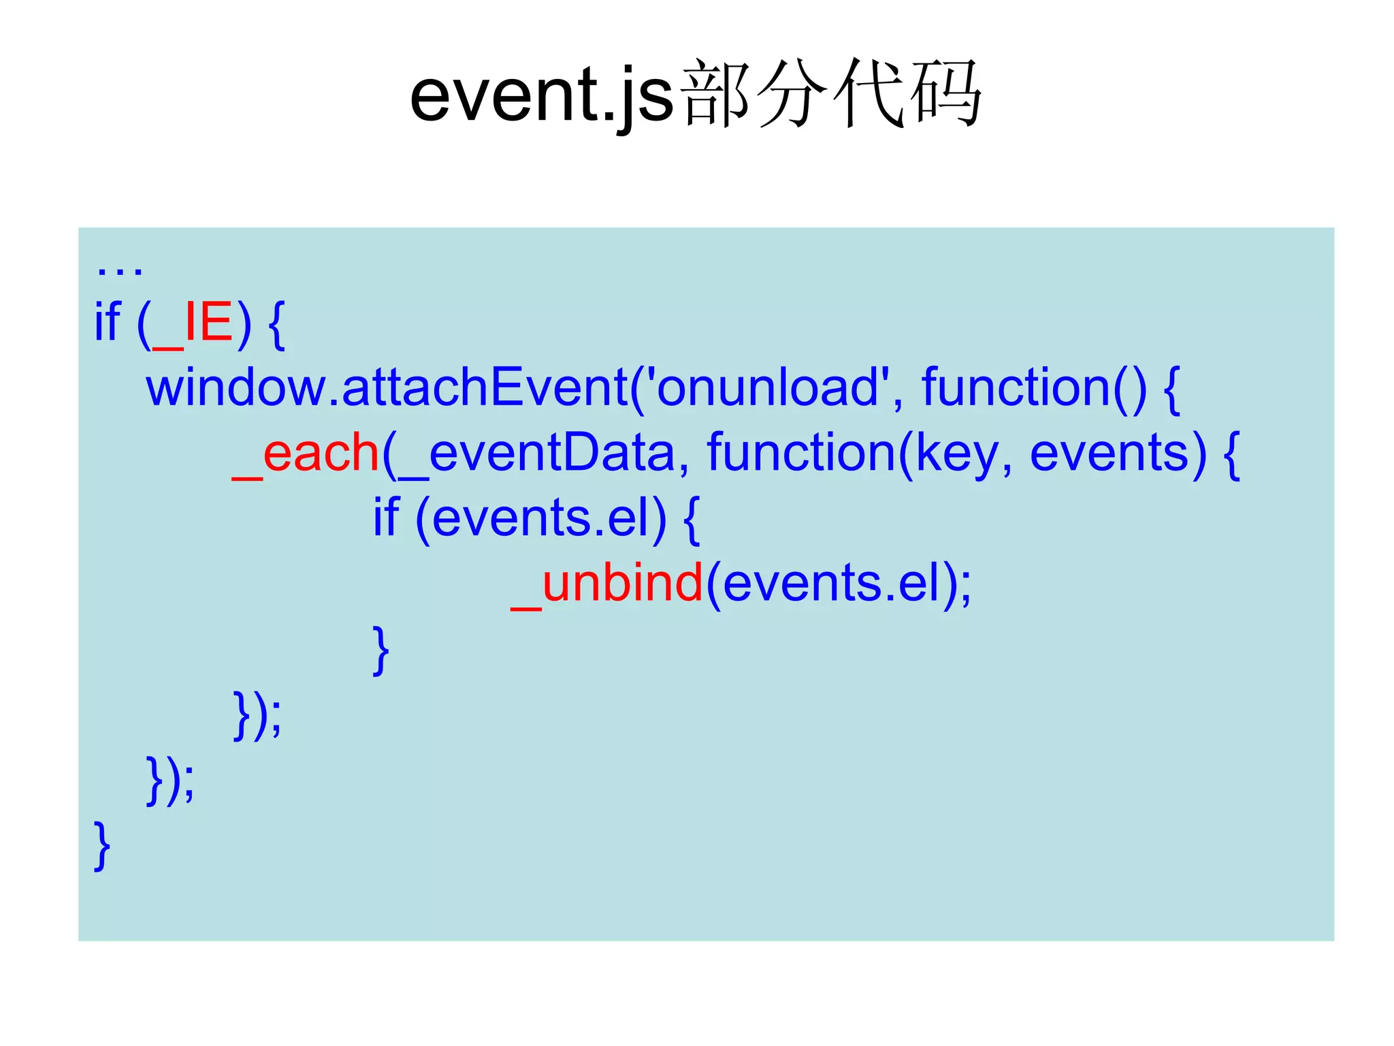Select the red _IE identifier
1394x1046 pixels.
tap(193, 323)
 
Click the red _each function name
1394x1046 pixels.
tap(306, 454)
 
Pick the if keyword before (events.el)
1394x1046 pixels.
tap(385, 518)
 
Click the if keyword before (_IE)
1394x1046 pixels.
tap(108, 323)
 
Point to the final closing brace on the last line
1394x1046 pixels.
tap(102, 846)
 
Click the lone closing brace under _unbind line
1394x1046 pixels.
tap(381, 650)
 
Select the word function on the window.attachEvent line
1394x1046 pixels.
tap(1016, 387)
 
